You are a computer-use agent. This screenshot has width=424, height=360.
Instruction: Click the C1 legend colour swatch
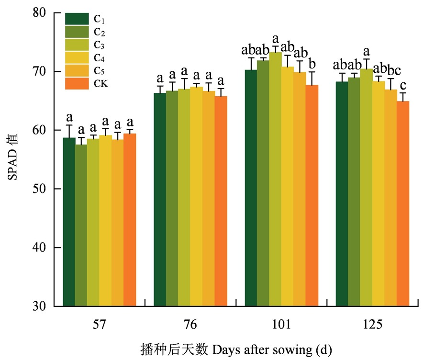(x=77, y=19)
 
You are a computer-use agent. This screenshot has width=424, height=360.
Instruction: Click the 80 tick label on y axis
(x=45, y=13)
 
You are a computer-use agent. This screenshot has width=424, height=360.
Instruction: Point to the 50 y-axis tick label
(x=45, y=189)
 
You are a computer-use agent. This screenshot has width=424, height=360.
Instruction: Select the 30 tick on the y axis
(x=45, y=306)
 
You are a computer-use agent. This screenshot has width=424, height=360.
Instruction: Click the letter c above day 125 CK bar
(x=403, y=86)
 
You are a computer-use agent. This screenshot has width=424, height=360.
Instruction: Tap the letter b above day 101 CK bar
(x=312, y=64)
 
